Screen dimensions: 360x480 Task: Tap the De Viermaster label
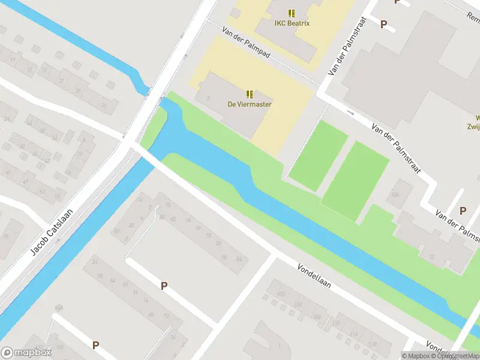tap(249, 104)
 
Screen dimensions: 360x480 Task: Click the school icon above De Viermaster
tap(250, 94)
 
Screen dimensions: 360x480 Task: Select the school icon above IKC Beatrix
tap(292, 13)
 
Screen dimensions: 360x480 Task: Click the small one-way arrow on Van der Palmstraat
tap(351, 113)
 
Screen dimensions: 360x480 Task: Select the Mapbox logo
tap(26, 352)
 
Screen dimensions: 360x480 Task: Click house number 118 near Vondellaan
tap(372, 344)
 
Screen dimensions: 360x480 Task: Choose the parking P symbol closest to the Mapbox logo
tap(95, 345)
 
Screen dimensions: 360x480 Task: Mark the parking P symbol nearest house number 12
tap(463, 211)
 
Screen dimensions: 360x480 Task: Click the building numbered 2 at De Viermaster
tap(207, 98)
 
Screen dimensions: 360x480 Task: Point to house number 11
tap(12, 59)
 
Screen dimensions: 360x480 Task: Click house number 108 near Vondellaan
tap(316, 316)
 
